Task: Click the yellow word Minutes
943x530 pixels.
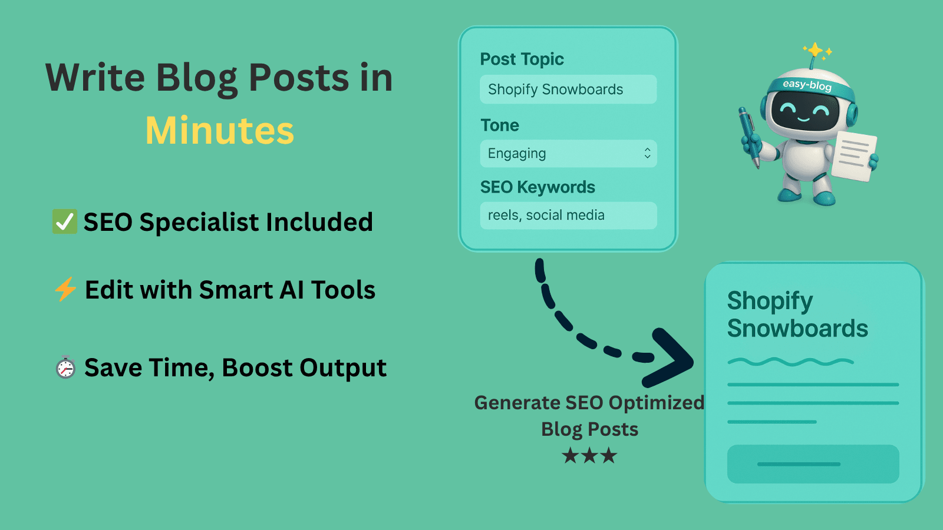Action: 219,131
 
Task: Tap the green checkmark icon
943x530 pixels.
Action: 64,222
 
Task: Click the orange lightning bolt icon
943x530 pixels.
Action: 65,289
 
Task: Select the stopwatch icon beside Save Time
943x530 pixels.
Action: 65,367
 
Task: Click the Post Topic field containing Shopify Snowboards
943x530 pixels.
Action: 568,90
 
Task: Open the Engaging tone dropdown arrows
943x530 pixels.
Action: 647,154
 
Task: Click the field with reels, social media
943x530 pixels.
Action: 568,216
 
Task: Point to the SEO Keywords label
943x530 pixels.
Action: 538,187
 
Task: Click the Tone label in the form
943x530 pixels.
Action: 500,125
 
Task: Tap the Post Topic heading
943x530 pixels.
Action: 522,59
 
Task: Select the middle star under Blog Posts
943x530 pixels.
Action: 589,455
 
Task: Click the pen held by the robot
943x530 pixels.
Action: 749,135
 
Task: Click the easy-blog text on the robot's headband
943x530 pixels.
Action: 807,85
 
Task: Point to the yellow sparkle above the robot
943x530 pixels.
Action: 815,50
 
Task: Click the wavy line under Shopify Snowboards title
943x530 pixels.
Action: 790,362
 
